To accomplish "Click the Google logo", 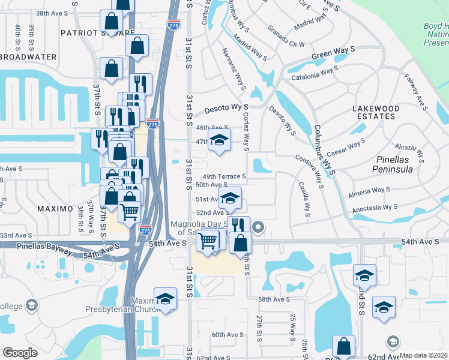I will pyautogui.click(x=20, y=353).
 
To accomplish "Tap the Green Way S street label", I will pyautogui.click(x=329, y=58).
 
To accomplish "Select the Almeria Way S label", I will pyautogui.click(x=369, y=192).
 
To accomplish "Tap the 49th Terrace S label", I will pyautogui.click(x=224, y=176).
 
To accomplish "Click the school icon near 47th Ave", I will pyautogui.click(x=219, y=142).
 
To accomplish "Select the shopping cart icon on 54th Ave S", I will pyautogui.click(x=207, y=241).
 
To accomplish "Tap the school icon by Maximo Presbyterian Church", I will pyautogui.click(x=165, y=299).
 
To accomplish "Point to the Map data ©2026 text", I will pyautogui.click(x=424, y=355).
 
